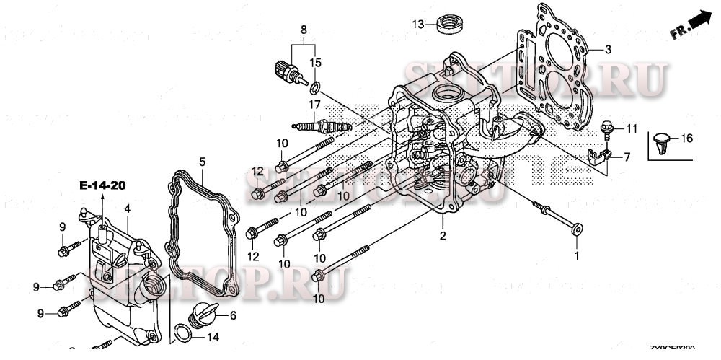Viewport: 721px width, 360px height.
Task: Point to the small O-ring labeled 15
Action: (314, 89)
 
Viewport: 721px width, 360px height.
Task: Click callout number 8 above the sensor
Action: (304, 30)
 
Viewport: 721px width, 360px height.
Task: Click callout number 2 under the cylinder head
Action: (443, 235)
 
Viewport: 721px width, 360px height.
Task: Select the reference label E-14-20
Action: (102, 186)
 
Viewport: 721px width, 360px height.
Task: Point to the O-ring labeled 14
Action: (185, 333)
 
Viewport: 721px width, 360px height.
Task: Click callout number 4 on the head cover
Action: (127, 209)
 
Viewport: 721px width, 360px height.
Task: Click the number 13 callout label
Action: (418, 25)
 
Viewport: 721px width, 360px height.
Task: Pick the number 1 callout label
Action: (576, 255)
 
